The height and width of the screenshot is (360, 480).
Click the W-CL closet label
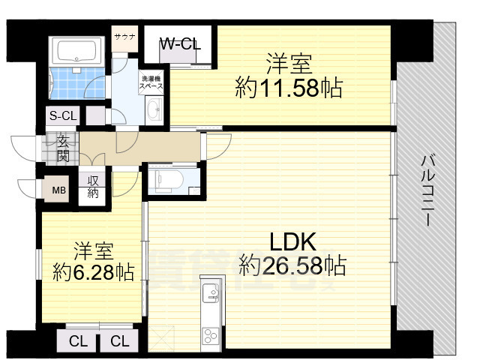(x=180, y=44)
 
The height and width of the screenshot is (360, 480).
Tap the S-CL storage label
(x=63, y=115)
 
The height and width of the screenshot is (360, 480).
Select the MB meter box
(x=58, y=190)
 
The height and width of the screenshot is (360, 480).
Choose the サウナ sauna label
(x=124, y=35)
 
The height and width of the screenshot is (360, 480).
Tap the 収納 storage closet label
(x=94, y=187)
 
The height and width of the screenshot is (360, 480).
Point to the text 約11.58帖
(x=289, y=88)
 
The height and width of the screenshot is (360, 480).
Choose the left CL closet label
(x=78, y=342)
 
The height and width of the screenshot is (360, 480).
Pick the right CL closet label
(x=119, y=342)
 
